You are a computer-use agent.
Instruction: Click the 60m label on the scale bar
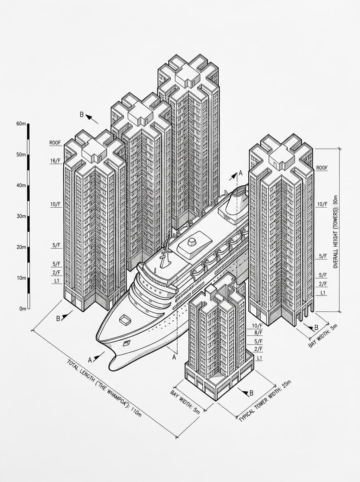coord(21,124)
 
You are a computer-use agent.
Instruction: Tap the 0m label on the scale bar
coord(22,309)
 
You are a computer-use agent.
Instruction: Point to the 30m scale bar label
coord(21,216)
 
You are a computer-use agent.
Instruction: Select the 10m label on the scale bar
coord(21,278)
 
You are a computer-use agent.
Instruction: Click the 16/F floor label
coord(55,161)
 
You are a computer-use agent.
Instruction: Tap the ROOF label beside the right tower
coord(322,168)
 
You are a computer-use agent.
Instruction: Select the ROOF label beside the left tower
coord(55,143)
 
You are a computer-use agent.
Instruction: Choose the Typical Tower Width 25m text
coord(265,401)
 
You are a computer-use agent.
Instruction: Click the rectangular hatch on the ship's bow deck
coord(126,320)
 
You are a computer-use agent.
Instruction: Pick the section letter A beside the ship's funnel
coord(241,173)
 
